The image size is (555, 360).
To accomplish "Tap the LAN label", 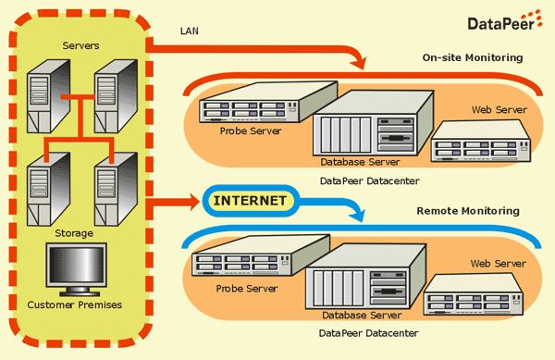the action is (190, 31).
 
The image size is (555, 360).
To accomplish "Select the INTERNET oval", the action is (251, 201).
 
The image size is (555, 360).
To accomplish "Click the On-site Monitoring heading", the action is (473, 57).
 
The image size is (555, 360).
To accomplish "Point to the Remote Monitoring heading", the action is (468, 211).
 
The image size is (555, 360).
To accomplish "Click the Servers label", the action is (80, 45).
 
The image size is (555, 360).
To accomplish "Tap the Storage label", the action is (74, 233).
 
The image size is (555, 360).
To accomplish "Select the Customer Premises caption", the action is (75, 304).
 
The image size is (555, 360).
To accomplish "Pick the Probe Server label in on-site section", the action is (251, 131).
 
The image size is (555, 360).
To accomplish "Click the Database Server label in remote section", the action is (362, 315).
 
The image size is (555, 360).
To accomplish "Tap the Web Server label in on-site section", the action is (499, 110).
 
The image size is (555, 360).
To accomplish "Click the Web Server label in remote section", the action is (499, 264).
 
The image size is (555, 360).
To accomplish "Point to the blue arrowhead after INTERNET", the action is (357, 215).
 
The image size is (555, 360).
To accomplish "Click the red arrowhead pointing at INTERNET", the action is (194, 202).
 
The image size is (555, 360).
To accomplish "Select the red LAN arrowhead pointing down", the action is (358, 64).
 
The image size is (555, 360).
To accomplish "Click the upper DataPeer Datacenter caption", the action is (369, 180).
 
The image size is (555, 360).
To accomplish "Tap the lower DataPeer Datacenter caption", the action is (368, 333).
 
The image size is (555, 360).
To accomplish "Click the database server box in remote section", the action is (365, 277).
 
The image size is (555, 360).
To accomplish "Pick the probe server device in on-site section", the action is (268, 102).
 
